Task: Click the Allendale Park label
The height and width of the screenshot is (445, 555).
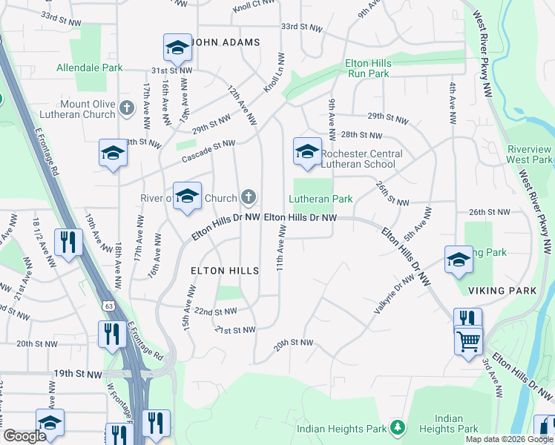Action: point(90,67)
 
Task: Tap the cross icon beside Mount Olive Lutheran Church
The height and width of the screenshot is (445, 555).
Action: point(126,109)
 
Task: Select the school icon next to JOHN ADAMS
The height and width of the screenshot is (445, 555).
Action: point(177,47)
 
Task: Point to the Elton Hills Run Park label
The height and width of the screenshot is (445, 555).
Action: point(367,69)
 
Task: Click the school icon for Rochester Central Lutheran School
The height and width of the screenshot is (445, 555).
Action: point(306,151)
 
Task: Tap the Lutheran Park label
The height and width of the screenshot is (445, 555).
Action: point(320,199)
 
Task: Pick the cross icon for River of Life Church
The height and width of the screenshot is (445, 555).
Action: point(249,197)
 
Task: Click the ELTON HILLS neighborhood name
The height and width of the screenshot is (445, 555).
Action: point(225,271)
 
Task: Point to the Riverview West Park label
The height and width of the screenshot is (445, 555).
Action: point(529,154)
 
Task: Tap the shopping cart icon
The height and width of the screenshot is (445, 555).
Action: point(467,342)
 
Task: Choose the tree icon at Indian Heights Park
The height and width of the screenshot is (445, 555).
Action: point(398,427)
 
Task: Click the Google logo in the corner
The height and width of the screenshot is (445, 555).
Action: point(24,436)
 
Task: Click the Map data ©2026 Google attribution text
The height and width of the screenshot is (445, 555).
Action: point(509,439)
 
